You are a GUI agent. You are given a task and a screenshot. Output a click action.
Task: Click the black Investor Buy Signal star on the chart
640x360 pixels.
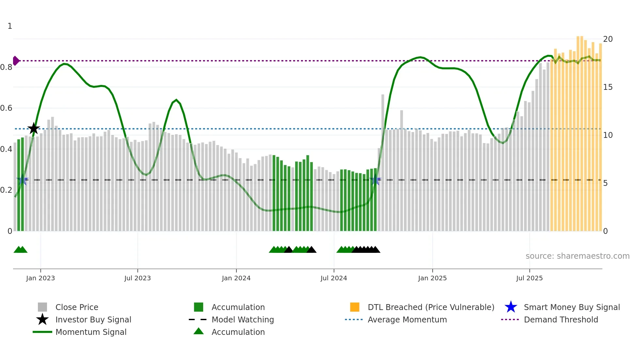tap(33, 128)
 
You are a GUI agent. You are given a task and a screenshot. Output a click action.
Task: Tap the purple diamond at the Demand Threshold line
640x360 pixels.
tap(16, 61)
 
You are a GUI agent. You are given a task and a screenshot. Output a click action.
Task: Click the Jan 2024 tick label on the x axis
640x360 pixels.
tap(236, 278)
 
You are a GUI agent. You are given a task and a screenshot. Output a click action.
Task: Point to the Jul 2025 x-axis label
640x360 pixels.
tap(529, 278)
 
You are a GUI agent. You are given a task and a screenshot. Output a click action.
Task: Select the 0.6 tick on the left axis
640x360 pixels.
tap(7, 108)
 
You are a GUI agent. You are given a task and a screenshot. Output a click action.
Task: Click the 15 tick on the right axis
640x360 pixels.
tap(608, 87)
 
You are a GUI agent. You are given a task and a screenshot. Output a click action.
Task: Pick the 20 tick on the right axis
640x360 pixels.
tap(608, 39)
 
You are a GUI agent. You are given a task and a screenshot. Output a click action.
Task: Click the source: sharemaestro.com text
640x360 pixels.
tap(577, 256)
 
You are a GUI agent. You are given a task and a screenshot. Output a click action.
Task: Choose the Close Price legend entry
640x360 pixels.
tap(77, 307)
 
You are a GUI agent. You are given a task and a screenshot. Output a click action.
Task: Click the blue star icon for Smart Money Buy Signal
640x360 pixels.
tap(511, 307)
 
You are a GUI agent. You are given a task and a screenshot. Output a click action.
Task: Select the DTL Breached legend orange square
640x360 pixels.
tap(355, 307)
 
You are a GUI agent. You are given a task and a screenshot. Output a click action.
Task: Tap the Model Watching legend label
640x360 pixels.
tap(243, 319)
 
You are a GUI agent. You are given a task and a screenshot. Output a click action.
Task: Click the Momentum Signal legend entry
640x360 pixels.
tap(91, 332)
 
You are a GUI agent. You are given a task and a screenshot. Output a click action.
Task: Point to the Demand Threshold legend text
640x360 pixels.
tap(561, 319)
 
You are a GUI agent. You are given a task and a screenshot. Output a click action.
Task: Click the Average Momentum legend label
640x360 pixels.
tap(407, 319)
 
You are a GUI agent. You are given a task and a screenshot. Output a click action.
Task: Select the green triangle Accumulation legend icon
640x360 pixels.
tap(199, 332)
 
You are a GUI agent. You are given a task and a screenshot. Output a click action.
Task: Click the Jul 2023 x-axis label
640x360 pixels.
tap(137, 278)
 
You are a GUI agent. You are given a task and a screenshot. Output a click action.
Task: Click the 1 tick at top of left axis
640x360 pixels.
tap(10, 26)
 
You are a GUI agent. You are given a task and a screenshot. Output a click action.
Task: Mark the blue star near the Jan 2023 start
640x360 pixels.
tap(22, 180)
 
